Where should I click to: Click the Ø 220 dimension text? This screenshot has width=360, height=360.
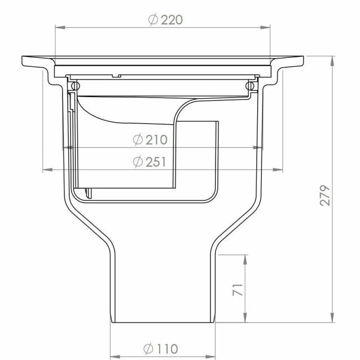[x=165, y=20]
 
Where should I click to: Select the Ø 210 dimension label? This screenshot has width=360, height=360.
[x=150, y=140]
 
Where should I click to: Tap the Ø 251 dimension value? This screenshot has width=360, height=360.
[x=150, y=162]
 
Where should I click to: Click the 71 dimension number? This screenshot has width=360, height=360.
[x=238, y=290]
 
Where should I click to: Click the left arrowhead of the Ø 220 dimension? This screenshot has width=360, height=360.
[x=60, y=28]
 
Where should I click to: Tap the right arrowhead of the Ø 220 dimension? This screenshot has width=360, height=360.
[x=265, y=28]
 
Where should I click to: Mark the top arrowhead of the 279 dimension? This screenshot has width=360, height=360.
[x=332, y=61]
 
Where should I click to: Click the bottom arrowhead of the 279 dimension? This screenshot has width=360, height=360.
[x=332, y=317]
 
